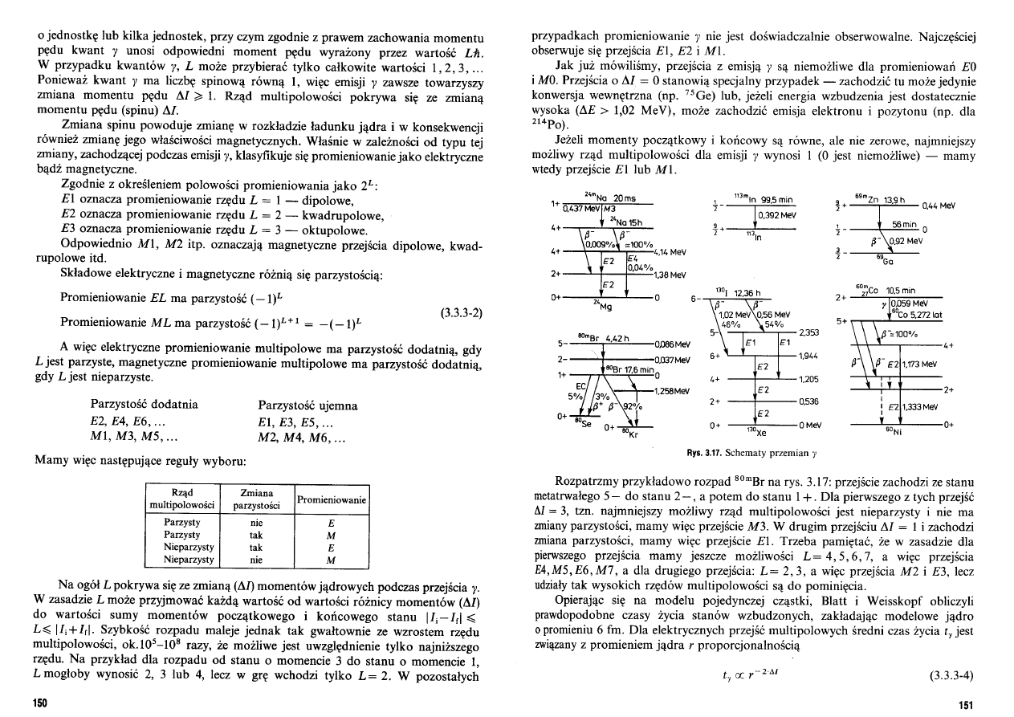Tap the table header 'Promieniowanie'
pyautogui.click(x=332, y=499)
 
